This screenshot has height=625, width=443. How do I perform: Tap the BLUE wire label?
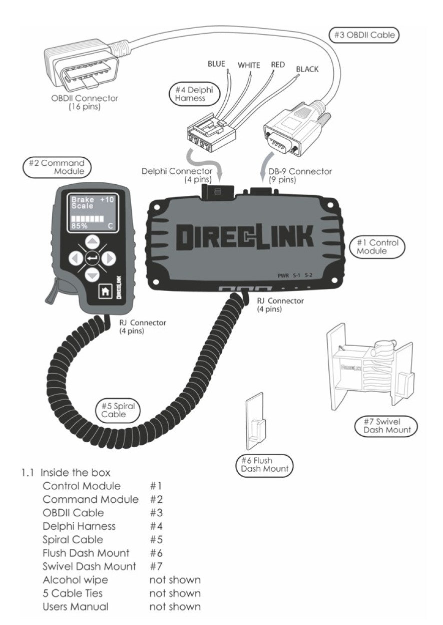click(x=216, y=64)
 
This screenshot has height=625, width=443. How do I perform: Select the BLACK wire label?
click(x=307, y=69)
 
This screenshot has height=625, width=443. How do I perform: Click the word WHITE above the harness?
click(x=249, y=65)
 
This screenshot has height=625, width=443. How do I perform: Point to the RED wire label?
click(x=278, y=64)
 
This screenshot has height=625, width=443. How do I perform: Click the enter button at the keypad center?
click(x=92, y=258)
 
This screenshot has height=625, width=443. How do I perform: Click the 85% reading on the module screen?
click(x=79, y=226)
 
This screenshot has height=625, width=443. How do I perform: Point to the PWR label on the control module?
click(x=284, y=275)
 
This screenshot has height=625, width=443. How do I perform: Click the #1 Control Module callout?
click(x=377, y=246)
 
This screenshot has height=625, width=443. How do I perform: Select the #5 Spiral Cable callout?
click(x=118, y=410)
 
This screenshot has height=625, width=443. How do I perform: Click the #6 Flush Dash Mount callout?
click(x=263, y=464)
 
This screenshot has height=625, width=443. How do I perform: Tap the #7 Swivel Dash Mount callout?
click(x=386, y=425)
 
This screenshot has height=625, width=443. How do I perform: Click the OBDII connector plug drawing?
click(x=80, y=68)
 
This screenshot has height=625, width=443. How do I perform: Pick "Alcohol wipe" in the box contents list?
click(x=75, y=580)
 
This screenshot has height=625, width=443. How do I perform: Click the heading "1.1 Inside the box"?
click(x=66, y=472)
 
